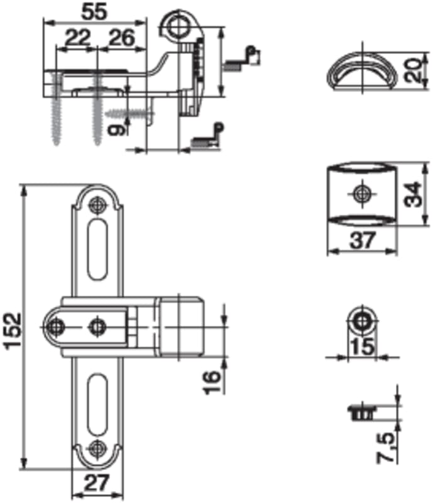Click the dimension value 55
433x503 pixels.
(94, 12)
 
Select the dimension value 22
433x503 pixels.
(77, 37)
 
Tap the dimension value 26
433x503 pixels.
(121, 37)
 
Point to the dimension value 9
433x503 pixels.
(115, 130)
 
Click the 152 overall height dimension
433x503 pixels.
(13, 329)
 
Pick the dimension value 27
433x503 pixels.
(97, 483)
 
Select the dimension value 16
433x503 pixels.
(212, 382)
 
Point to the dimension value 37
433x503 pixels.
(363, 241)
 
